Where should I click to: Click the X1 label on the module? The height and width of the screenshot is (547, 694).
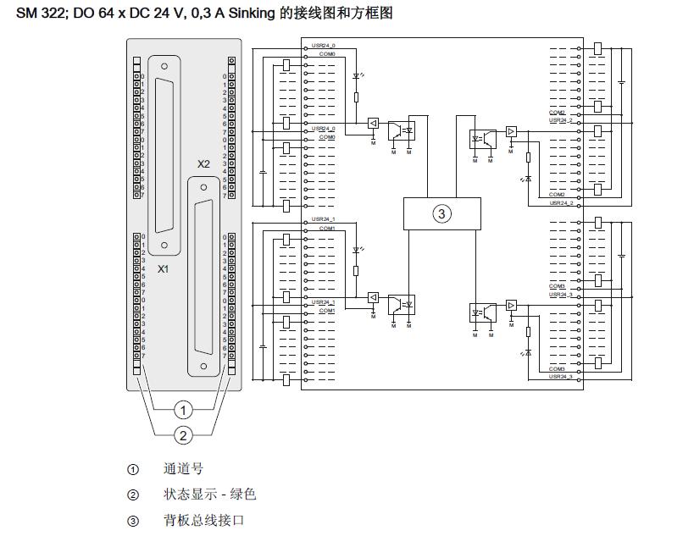(164, 268)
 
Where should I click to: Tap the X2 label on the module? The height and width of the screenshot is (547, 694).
(203, 164)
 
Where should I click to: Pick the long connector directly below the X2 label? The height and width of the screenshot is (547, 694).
(203, 275)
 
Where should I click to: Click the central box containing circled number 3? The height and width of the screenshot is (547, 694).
(441, 213)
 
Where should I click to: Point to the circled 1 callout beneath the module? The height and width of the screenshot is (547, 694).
(184, 410)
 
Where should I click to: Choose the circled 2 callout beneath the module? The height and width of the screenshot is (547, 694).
(184, 434)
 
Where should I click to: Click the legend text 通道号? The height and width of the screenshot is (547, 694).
(183, 469)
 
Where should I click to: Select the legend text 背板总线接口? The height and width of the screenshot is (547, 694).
(203, 520)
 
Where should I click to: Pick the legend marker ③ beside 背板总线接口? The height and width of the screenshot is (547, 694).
(133, 521)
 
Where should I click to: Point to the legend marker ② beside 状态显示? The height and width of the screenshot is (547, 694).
(133, 495)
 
